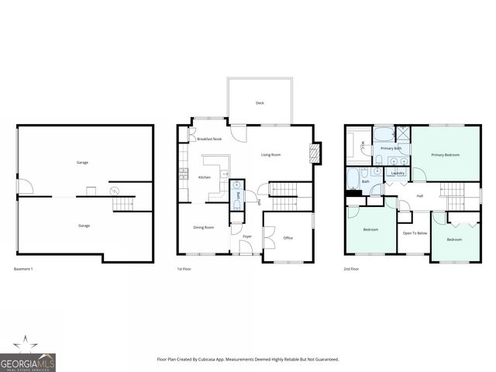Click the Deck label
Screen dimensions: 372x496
coord(260,102)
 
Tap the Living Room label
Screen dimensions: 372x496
coord(270,155)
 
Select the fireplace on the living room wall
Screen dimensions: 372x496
coord(315,153)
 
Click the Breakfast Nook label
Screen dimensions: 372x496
coord(209,139)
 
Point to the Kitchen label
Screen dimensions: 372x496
coord(205,177)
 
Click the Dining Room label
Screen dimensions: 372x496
coord(203,226)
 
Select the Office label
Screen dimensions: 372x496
coord(288,238)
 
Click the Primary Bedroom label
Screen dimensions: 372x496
coord(446,155)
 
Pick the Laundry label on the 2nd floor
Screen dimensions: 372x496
coord(398,173)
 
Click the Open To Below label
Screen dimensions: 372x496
coord(415,232)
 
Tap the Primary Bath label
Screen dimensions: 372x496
coord(391,148)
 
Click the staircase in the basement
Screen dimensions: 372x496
coord(123,204)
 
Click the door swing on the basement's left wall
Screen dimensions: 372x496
coord(23,186)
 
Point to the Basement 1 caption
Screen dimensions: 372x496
coord(23,269)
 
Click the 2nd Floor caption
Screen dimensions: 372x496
coord(351,269)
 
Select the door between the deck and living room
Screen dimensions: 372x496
coord(241,133)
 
